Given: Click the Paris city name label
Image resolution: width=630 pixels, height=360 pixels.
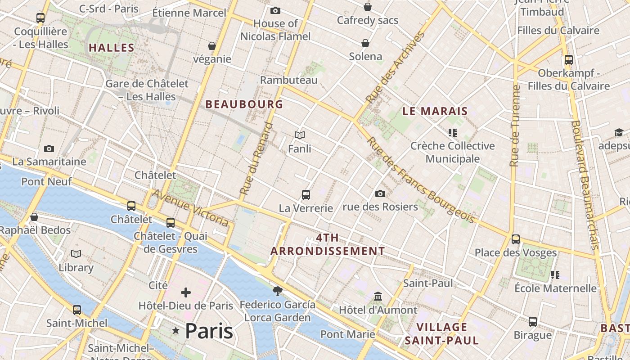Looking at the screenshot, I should pyautogui.click(x=209, y=331).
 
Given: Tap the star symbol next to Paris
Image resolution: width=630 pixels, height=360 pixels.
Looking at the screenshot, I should pyautogui.click(x=176, y=331).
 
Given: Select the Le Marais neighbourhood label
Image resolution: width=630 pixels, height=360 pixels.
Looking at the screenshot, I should pyautogui.click(x=435, y=111).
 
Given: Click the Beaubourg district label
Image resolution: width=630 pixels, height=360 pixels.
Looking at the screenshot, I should pyautogui.click(x=244, y=104).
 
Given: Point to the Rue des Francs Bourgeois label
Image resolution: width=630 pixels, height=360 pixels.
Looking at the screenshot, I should pyautogui.click(x=420, y=180).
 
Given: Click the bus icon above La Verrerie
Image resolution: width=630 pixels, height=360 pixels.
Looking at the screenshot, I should pyautogui.click(x=306, y=195).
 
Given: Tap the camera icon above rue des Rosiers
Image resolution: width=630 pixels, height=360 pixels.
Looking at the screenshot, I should pyautogui.click(x=380, y=193).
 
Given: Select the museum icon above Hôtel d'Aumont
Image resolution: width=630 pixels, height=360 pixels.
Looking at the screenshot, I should pyautogui.click(x=378, y=297).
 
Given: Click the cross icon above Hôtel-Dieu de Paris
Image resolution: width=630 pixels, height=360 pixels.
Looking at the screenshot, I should pyautogui.click(x=185, y=293).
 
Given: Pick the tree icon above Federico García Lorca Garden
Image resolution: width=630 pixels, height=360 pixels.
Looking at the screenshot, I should pyautogui.click(x=278, y=291).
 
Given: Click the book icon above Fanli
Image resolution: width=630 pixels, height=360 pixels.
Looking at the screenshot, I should pyautogui.click(x=300, y=135).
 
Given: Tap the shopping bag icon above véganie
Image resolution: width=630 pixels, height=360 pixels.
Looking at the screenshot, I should pyautogui.click(x=212, y=46).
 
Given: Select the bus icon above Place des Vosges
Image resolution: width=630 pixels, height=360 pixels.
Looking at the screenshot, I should pyautogui.click(x=516, y=239).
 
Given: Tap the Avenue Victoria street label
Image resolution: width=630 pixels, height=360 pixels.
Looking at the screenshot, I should pyautogui.click(x=190, y=207).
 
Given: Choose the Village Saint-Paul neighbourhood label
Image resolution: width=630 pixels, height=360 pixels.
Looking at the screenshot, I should pyautogui.click(x=441, y=333).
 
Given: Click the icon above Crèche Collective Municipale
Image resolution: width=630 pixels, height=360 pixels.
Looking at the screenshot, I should pyautogui.click(x=453, y=133).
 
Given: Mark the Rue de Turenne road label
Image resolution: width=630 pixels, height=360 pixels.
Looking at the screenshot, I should pyautogui.click(x=515, y=126).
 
